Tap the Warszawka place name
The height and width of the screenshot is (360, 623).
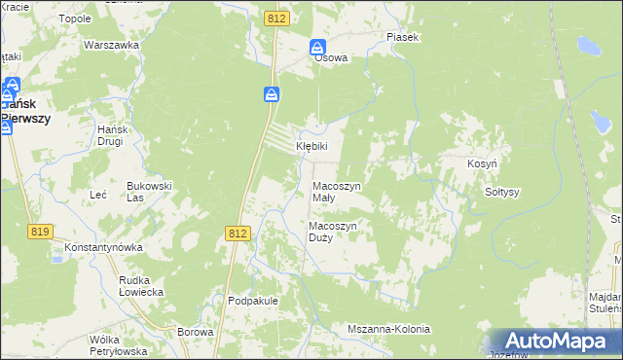coord(108,46)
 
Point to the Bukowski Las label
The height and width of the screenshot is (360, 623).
coord(149,191)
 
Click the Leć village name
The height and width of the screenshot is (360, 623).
coord(97,195)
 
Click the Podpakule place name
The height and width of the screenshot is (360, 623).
coord(253,301)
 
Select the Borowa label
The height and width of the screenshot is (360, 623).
coord(196,332)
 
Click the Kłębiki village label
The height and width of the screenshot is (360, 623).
coord(312,147)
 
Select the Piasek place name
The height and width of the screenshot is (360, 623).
coord(402,37)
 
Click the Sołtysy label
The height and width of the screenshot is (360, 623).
coord(502,192)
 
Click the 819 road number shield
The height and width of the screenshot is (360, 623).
coord(40,232)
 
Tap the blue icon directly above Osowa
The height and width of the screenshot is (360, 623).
coord(318,47)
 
